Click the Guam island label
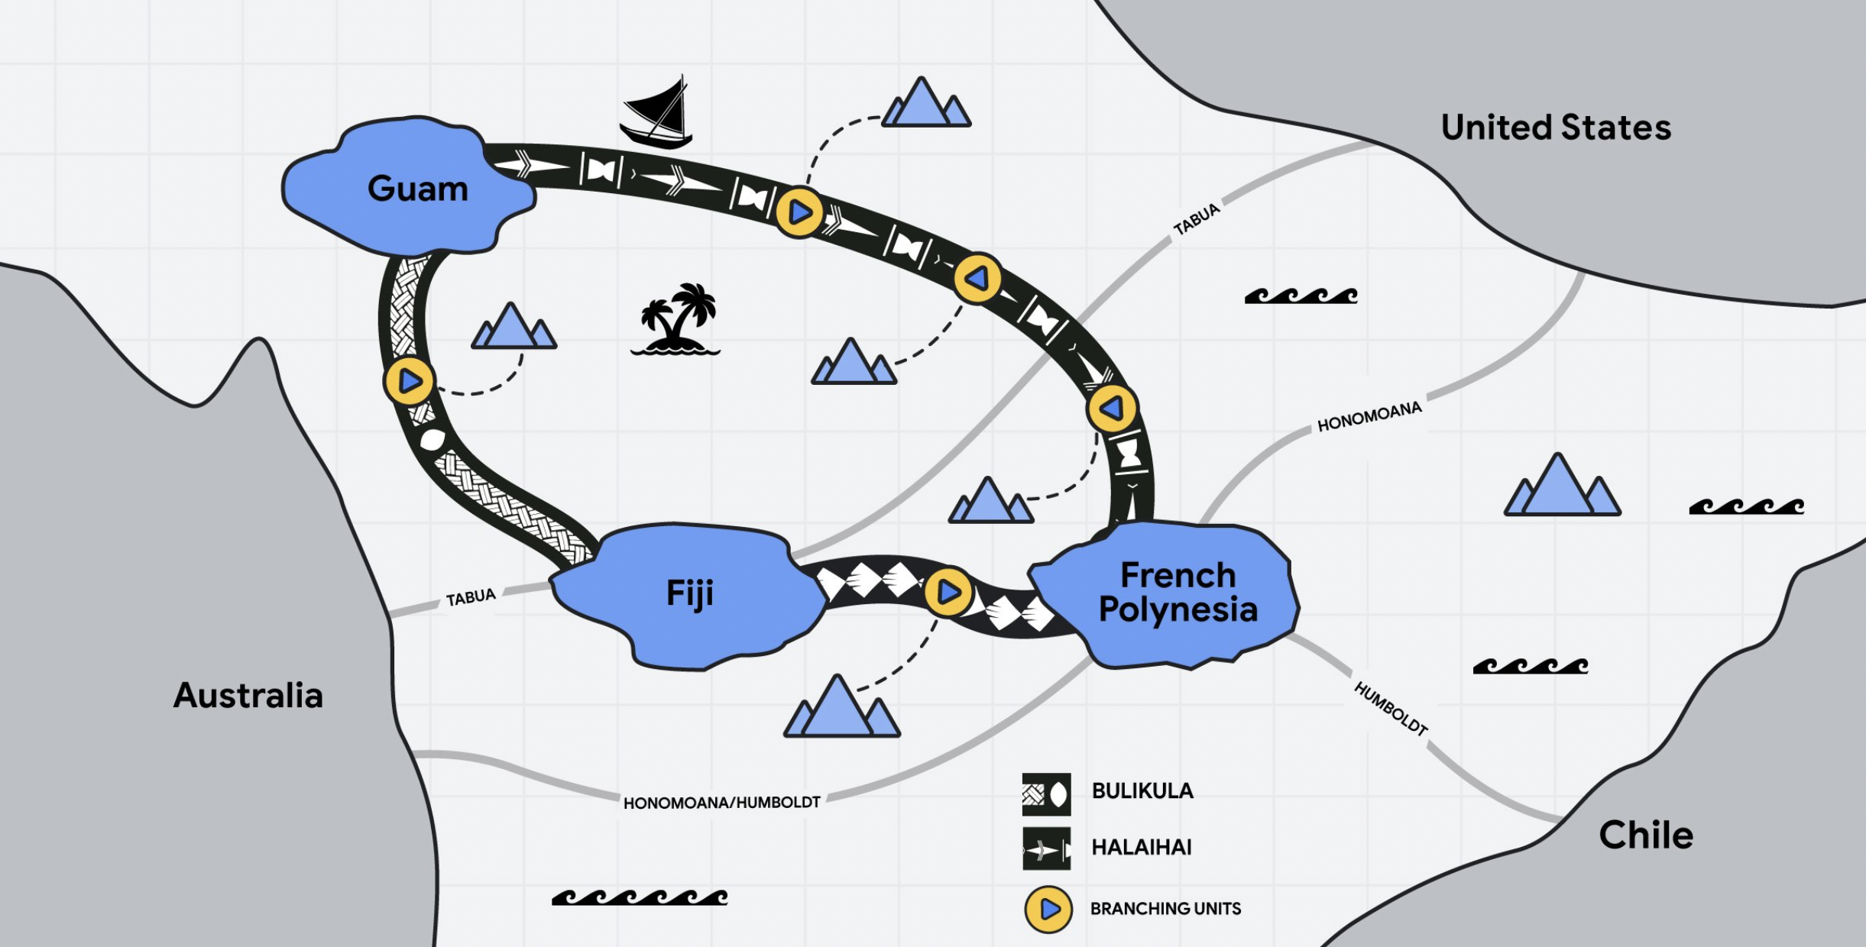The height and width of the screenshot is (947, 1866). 418,189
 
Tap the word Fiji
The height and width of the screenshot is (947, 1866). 690,593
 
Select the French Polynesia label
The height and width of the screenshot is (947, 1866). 1178,593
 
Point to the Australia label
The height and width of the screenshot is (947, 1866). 248,696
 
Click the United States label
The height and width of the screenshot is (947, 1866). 1557,128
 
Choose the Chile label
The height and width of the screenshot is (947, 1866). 1647,835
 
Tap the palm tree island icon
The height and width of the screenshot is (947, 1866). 675,319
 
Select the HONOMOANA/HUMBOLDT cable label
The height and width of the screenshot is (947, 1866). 722,803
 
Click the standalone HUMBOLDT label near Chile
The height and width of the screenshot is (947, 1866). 1391,709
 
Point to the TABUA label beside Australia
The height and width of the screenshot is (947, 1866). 471,596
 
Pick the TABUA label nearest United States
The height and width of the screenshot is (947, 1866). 1197,219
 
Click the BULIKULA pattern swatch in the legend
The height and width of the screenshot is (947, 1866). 1047,794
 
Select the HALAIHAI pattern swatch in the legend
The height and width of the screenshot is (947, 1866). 1047,848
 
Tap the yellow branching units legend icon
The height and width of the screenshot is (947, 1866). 1048,909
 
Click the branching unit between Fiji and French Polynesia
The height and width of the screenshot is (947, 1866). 948,592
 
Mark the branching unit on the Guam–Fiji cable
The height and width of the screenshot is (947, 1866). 409,380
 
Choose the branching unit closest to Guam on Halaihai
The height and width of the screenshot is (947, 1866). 799,212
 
